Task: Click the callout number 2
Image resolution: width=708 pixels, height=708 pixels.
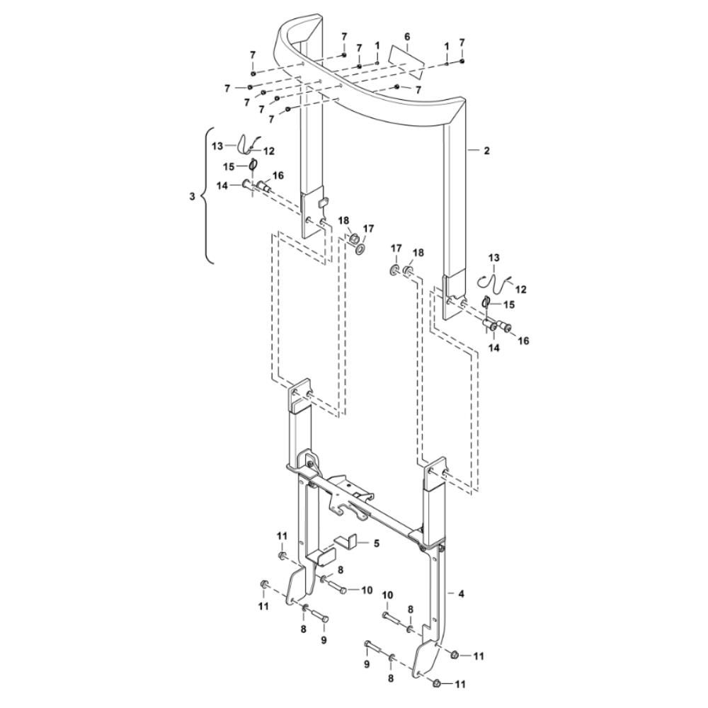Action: (x=486, y=151)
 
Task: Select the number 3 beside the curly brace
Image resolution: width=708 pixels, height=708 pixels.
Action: (x=192, y=196)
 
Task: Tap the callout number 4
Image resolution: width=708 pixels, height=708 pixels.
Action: (x=461, y=594)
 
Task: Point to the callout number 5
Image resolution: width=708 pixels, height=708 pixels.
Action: (x=377, y=543)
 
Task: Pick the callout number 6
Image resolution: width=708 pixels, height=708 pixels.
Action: (x=407, y=36)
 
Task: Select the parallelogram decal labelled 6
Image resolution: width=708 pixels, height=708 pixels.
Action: (x=407, y=60)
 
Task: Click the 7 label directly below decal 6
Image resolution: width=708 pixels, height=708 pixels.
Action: (x=418, y=91)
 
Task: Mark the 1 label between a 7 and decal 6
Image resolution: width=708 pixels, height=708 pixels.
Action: (x=377, y=45)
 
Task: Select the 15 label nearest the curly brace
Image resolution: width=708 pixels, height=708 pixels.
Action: (x=229, y=166)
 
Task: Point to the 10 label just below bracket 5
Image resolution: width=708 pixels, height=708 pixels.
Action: (x=366, y=590)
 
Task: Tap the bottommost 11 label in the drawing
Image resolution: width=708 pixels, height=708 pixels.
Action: (x=459, y=684)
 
